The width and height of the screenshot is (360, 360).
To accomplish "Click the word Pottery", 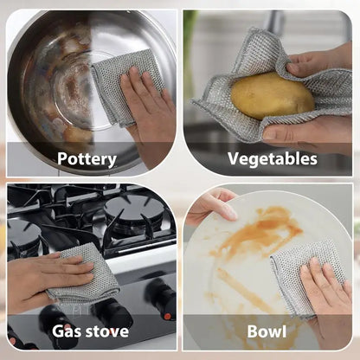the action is (x=87, y=159).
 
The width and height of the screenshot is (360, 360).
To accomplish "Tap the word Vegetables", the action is (x=273, y=158).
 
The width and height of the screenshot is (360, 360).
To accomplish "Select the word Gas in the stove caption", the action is (x=65, y=331).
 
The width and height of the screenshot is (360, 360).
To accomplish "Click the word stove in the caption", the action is (x=105, y=331).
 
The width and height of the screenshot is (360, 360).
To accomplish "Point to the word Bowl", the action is (x=267, y=331).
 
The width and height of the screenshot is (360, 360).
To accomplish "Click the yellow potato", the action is (x=273, y=96).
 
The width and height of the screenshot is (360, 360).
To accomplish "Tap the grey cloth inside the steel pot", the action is (x=127, y=87).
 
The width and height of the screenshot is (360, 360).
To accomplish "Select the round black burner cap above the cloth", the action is (x=133, y=209).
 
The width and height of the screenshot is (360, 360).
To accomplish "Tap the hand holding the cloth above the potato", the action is (x=320, y=61).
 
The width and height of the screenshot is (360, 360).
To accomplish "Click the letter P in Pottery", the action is (x=62, y=158).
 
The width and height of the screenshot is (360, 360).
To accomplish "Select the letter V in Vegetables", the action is (x=235, y=158).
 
